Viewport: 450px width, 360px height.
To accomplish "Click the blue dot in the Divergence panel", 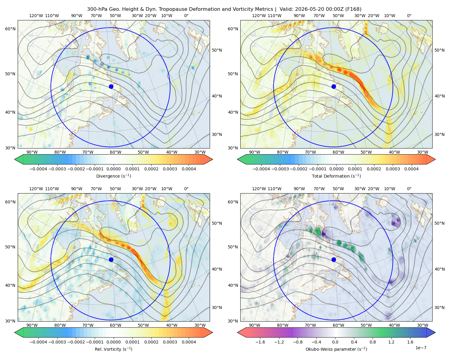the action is click(111, 86).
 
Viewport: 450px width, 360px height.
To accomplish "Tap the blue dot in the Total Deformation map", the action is click(334, 86).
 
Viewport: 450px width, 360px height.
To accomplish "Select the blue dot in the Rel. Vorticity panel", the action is click(111, 259).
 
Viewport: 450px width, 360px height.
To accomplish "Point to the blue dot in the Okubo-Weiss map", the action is click(334, 259).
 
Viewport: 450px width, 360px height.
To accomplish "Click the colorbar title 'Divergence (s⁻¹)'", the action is click(113, 176).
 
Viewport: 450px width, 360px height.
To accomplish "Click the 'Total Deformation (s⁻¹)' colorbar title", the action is click(336, 176).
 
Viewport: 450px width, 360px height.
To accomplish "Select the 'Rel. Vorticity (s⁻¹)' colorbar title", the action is click(113, 349).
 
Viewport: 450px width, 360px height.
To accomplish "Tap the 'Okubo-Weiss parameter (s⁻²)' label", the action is click(336, 349).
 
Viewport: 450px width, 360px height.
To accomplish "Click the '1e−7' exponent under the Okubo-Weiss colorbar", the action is click(421, 348).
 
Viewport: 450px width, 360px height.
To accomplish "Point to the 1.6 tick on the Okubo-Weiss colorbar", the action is click(410, 342).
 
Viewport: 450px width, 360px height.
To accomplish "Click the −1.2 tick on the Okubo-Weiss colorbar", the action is click(279, 342).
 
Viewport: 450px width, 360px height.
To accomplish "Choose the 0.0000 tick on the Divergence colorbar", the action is click(113, 169).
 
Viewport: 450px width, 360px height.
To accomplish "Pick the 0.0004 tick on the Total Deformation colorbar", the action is click(411, 169).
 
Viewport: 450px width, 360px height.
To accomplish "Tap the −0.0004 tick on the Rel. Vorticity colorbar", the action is click(38, 342).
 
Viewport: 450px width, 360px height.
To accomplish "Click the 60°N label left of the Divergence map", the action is click(10, 29).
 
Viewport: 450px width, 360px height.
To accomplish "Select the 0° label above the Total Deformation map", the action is click(409, 16).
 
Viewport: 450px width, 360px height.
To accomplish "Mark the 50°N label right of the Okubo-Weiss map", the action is click(439, 223).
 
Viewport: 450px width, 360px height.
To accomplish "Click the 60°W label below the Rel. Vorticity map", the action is click(115, 325).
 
